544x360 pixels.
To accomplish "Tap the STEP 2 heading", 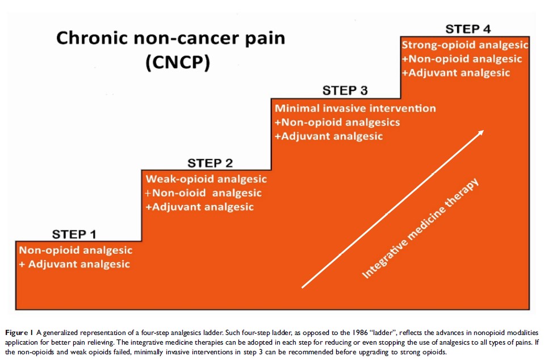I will tap(210, 163).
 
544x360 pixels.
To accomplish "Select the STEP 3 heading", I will tap(345, 90).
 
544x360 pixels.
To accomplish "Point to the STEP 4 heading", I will tap(467, 29).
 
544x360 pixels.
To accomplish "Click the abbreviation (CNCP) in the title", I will tap(177, 63).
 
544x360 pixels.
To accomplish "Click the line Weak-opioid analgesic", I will tap(206, 179).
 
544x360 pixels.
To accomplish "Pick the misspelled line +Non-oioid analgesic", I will tap(204, 193).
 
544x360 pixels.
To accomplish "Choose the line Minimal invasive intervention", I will tap(355, 108).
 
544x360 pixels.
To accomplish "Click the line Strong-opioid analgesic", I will tap(465, 45).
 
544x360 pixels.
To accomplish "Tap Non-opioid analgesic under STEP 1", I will tap(76, 250).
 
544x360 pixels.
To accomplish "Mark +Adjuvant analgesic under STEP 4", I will tap(455, 73).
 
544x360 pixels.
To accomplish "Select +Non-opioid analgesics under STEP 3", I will tap(337, 122).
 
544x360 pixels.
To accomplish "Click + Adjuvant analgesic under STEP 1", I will tap(74, 264).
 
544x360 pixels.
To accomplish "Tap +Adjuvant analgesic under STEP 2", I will tap(199, 207).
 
